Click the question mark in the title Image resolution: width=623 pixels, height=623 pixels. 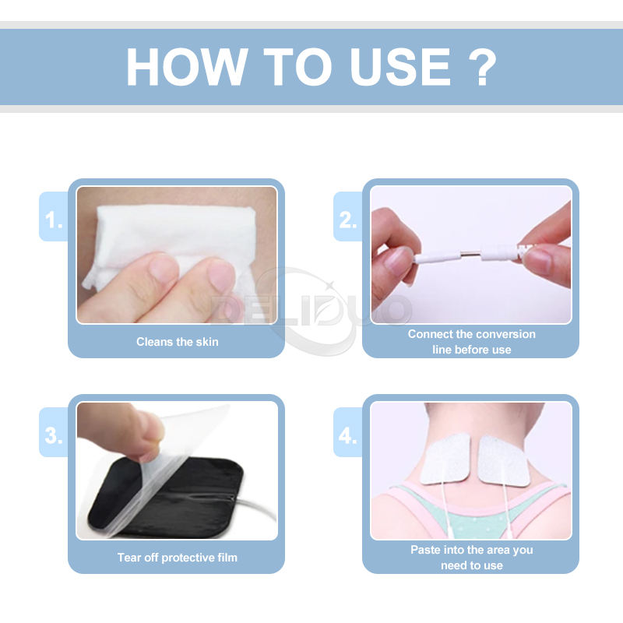[482, 67]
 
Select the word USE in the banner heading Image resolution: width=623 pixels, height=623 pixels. [399, 67]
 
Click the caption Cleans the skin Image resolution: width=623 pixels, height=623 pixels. [178, 342]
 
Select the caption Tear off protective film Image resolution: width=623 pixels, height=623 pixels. [178, 558]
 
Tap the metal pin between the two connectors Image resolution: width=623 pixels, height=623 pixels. [471, 254]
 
